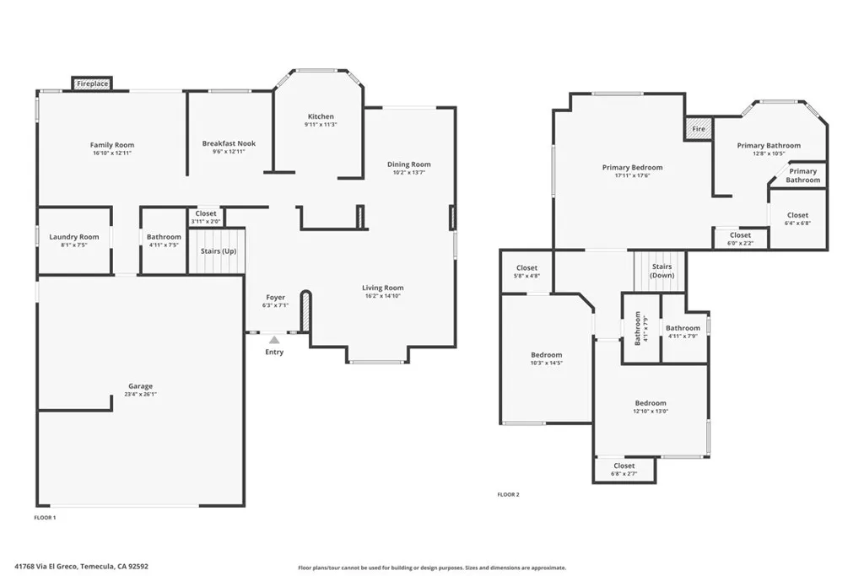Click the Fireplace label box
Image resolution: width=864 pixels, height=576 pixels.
92,83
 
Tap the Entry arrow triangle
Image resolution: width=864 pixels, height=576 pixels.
274,339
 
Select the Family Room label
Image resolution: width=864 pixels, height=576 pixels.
112,145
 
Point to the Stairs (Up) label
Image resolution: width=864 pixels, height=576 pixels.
218,251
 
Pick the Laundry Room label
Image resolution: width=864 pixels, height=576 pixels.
74,237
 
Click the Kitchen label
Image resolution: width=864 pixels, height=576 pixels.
321,116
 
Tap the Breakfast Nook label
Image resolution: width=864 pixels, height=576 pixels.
229,143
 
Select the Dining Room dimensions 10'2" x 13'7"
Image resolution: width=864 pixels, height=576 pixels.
409,173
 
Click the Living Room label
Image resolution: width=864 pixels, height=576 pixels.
383,288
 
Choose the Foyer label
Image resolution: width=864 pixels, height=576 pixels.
276,297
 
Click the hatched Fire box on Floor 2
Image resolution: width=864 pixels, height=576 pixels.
699,129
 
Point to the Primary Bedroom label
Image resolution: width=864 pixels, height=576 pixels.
632,167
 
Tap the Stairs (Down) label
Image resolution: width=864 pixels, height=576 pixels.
661,271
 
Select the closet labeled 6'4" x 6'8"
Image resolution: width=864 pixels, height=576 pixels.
797,219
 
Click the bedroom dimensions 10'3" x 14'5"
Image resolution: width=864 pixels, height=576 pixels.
546,363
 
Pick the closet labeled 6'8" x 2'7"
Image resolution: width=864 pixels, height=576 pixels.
624,469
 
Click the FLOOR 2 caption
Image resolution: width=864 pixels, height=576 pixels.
508,494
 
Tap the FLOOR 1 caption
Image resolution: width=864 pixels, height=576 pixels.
45,517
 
